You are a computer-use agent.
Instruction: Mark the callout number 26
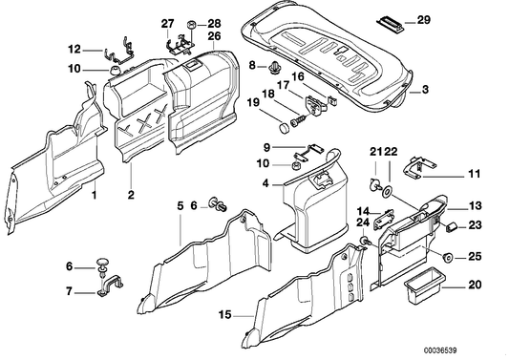point(214,36)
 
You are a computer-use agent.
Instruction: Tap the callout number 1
point(94,196)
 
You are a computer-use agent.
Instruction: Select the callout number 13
point(476,204)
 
